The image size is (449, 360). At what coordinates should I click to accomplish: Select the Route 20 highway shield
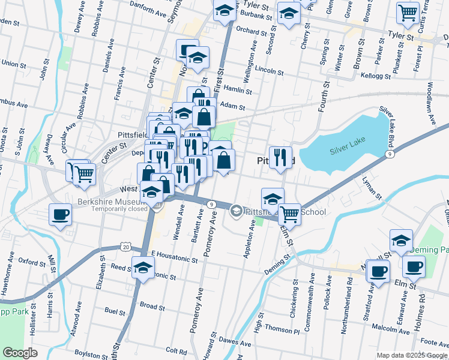(x=125, y=247)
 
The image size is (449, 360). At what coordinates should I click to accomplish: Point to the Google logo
(x=19, y=353)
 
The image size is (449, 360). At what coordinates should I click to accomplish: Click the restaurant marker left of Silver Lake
(x=280, y=158)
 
